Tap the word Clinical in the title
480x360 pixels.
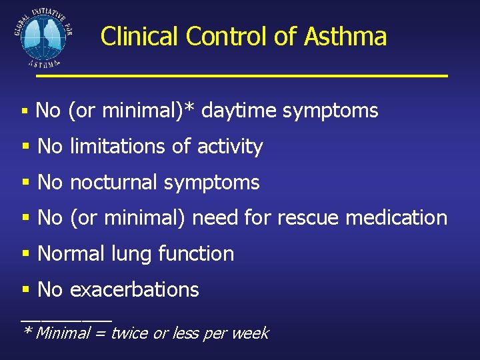[139, 36]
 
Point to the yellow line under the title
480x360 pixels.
[241, 76]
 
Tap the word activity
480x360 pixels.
[230, 147]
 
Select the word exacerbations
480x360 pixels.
[134, 289]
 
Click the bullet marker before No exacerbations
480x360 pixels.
[26, 290]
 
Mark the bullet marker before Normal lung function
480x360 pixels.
[26, 254]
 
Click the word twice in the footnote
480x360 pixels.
[129, 333]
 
